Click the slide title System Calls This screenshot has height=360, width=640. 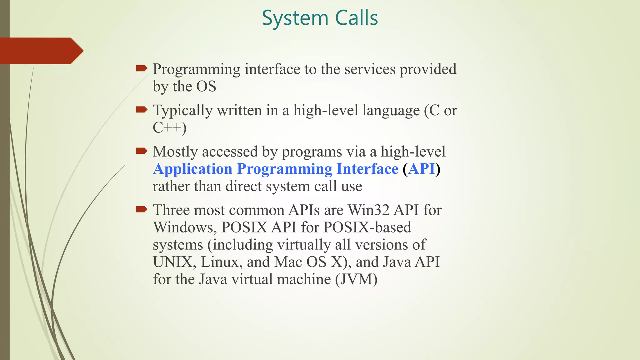pos(320,18)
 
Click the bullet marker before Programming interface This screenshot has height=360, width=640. pos(142,68)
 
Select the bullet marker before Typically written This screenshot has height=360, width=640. pos(142,109)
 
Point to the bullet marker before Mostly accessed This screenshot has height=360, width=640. pos(142,151)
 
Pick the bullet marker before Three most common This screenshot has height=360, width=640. pos(142,209)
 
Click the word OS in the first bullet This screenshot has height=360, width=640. pos(206,87)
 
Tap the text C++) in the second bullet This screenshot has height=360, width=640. pos(169,127)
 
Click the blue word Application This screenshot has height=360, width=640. pos(192,169)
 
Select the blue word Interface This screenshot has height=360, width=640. pos(367,169)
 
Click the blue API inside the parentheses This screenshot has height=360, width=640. pos(422,169)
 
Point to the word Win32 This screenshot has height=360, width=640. pos(368,210)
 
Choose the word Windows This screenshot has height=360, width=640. pos(185,227)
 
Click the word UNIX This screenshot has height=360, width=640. pos(172,262)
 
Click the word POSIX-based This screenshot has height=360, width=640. pos(367,227)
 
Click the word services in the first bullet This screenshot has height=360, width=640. pos(370,69)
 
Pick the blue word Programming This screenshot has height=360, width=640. pos(284,169)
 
